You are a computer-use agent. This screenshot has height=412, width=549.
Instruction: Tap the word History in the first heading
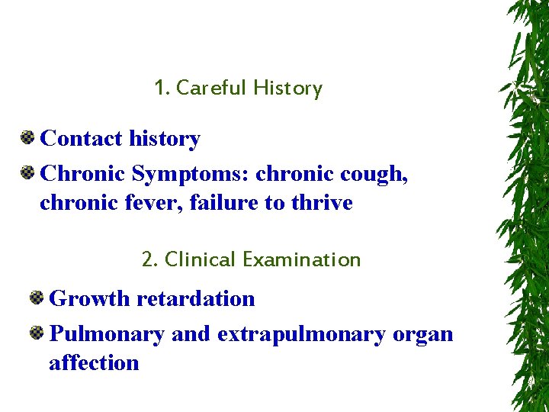pos(287,89)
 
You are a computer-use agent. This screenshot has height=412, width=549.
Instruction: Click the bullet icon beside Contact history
pos(27,138)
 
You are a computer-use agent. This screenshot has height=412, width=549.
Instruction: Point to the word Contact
pos(81,139)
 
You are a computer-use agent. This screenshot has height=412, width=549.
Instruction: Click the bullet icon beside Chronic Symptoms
pos(27,173)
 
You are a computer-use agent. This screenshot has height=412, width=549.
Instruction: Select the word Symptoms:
pos(191,174)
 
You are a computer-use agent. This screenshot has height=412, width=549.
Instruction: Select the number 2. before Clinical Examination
pos(149,259)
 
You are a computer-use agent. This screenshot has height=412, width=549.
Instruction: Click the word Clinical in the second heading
pos(200,259)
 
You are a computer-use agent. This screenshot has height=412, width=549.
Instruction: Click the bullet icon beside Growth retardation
pos(37,298)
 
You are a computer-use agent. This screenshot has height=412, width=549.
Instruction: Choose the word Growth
pos(89,298)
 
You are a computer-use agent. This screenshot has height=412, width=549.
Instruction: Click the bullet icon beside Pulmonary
pos(37,333)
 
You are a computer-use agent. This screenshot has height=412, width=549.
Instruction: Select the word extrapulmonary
pos(301,335)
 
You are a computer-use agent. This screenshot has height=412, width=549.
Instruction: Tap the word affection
pos(94,362)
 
